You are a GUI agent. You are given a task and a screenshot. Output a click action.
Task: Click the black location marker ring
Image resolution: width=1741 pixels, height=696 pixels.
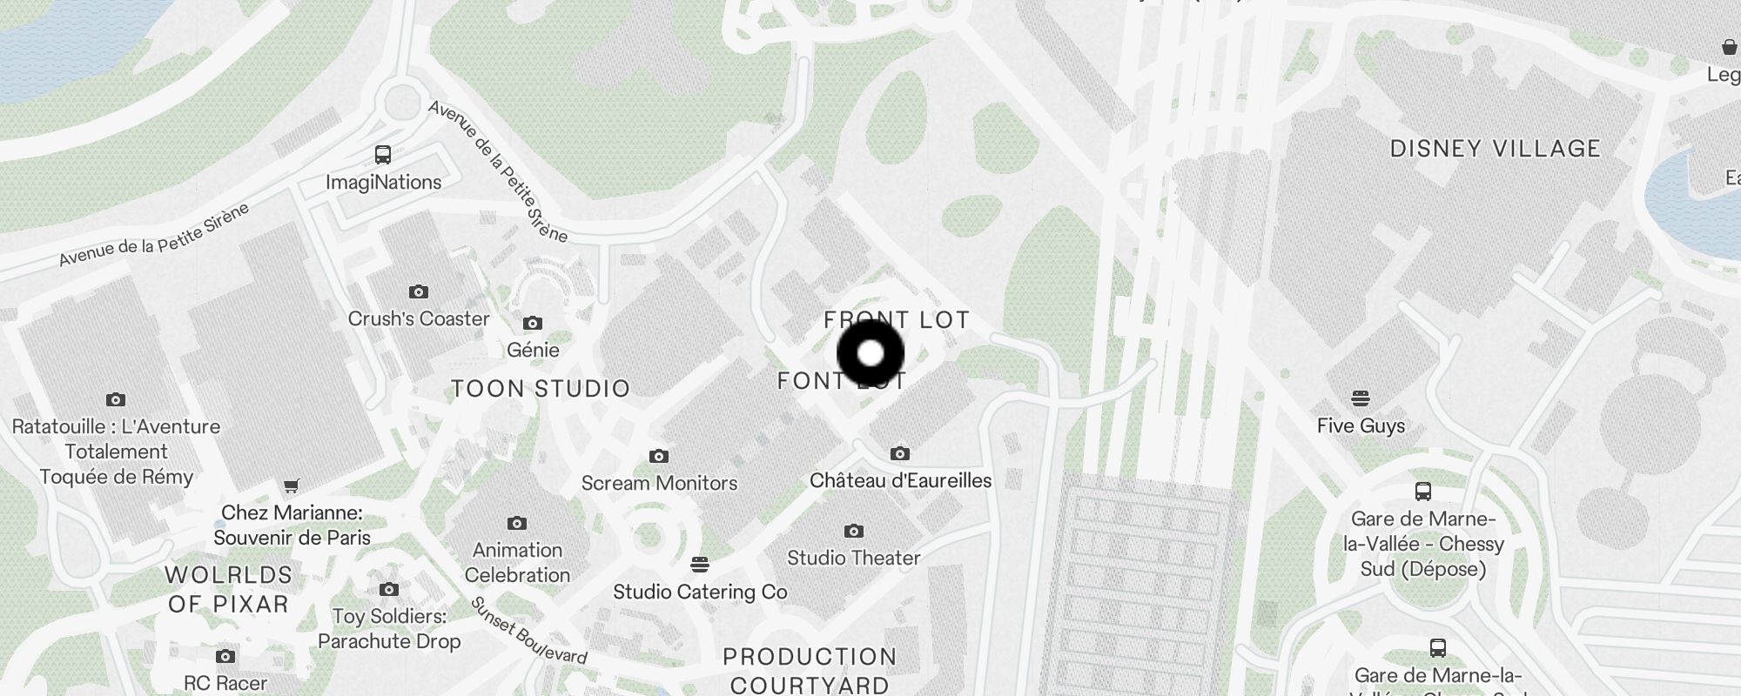pyautogui.click(x=870, y=353)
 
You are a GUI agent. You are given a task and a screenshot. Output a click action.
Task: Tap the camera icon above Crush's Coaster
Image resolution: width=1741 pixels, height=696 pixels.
pyautogui.click(x=419, y=291)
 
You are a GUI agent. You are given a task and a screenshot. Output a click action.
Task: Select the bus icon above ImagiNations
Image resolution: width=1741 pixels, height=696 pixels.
pyautogui.click(x=383, y=155)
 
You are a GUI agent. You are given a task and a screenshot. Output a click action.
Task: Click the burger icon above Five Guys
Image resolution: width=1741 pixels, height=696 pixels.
pyautogui.click(x=1361, y=398)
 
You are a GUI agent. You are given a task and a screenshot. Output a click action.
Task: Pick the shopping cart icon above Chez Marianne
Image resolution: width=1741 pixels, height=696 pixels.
pyautogui.click(x=292, y=485)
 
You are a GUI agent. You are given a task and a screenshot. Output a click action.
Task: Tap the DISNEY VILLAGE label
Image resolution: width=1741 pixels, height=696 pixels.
pyautogui.click(x=1495, y=149)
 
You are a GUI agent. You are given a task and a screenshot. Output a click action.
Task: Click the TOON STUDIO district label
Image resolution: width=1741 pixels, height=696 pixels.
pyautogui.click(x=541, y=388)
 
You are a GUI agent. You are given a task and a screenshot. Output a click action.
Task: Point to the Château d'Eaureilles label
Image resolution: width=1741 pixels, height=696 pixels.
pyautogui.click(x=900, y=480)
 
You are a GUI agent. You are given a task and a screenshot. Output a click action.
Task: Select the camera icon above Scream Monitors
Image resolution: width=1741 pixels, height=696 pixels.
pyautogui.click(x=659, y=456)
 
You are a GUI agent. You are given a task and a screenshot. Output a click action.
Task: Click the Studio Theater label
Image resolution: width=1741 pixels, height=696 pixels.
pyautogui.click(x=853, y=558)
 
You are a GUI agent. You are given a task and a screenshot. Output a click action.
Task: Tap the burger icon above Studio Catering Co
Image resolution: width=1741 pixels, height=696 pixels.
pyautogui.click(x=699, y=565)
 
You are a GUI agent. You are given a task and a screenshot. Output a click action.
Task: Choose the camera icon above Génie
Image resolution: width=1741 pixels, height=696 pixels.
pyautogui.click(x=533, y=324)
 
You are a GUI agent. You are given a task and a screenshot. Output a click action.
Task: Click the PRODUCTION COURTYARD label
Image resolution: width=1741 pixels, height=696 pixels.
pyautogui.click(x=810, y=670)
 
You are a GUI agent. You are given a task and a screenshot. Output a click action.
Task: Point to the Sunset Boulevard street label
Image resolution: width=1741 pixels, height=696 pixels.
pyautogui.click(x=529, y=631)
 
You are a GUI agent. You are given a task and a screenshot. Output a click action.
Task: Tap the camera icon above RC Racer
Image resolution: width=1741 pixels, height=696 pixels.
pyautogui.click(x=225, y=656)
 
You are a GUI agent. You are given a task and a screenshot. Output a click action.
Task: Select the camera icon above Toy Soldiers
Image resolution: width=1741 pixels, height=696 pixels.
pyautogui.click(x=389, y=589)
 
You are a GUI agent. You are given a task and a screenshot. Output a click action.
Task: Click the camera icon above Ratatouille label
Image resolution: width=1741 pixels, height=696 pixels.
pyautogui.click(x=116, y=399)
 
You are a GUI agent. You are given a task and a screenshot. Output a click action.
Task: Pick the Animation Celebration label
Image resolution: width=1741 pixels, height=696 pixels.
pyautogui.click(x=517, y=562)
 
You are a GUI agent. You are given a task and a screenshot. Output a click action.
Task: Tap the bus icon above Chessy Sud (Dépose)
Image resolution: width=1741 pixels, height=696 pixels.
pyautogui.click(x=1423, y=492)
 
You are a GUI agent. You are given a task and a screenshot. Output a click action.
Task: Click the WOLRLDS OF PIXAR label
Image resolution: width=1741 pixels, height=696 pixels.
pyautogui.click(x=228, y=589)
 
